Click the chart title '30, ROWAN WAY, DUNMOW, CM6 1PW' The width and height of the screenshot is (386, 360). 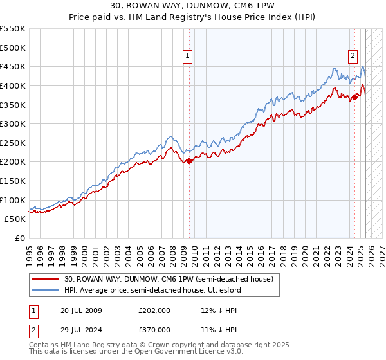coord(192,6)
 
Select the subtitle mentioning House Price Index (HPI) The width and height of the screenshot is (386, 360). coord(192,17)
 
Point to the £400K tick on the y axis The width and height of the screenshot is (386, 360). coord(13,85)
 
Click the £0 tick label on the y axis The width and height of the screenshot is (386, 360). coord(19,239)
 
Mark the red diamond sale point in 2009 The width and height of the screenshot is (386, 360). coord(189,161)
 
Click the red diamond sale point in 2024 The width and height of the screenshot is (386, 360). coord(354,97)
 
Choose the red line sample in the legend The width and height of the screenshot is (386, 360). coord(46,279)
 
